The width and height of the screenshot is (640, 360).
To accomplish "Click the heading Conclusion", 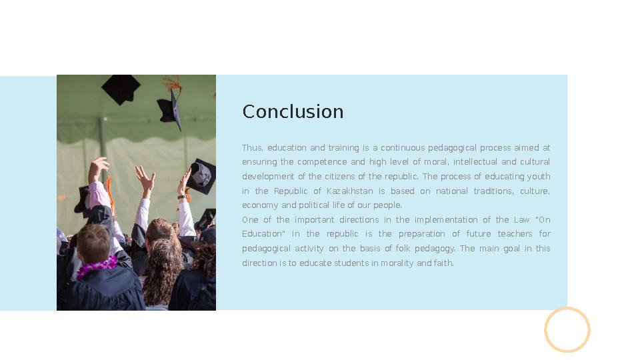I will click(x=293, y=111).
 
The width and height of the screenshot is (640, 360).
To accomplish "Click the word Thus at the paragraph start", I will click(x=252, y=148).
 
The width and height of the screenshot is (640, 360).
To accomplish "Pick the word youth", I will click(x=539, y=177).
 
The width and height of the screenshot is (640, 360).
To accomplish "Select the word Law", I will click(x=521, y=220).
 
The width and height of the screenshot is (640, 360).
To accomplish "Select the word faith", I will click(x=443, y=263).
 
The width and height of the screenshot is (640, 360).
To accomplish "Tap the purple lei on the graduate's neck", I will click(x=97, y=267).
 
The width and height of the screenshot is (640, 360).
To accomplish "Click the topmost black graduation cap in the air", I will click(x=121, y=89).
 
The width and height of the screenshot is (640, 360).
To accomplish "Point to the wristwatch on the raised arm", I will click(x=182, y=197).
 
